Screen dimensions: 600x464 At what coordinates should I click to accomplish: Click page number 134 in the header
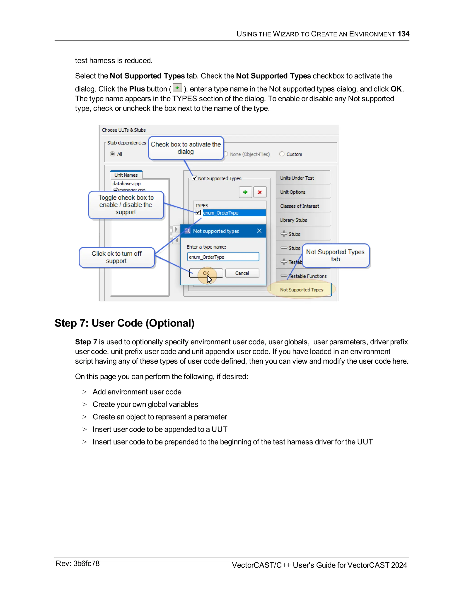tap(403, 34)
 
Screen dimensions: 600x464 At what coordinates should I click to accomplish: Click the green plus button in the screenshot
tap(245, 192)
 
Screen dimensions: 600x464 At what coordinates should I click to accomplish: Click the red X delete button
tap(259, 192)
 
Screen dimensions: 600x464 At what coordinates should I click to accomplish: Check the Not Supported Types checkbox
tap(195, 178)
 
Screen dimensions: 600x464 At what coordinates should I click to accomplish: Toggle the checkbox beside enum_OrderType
tap(198, 212)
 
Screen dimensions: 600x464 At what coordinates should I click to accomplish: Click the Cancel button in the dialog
tap(242, 273)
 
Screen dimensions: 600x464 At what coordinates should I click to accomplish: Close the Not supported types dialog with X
tap(259, 231)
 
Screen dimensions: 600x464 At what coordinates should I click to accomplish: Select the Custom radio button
tap(282, 154)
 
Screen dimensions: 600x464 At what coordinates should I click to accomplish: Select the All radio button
tap(112, 154)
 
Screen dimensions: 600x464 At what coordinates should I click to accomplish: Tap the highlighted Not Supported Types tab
tap(302, 290)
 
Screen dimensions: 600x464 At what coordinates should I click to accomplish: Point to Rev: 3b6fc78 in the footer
tap(77, 564)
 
